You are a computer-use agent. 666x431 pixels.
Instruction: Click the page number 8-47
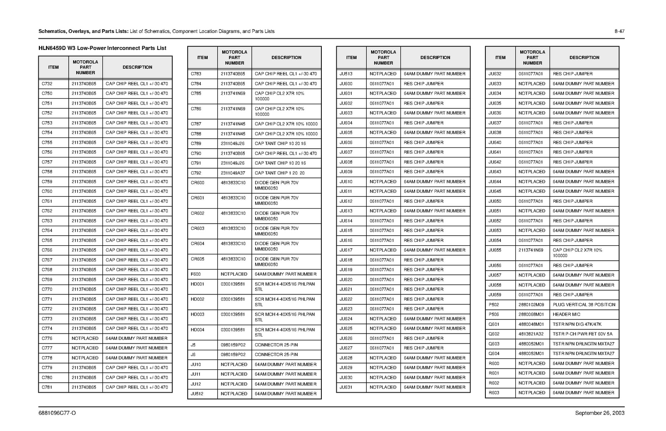(x=619, y=31)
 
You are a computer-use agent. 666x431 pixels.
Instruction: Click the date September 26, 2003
(x=599, y=413)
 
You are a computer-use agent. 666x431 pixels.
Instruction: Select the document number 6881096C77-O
(x=57, y=413)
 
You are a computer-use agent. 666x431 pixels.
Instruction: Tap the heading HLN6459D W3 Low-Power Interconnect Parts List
(x=102, y=48)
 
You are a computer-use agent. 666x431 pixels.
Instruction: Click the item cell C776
(x=47, y=339)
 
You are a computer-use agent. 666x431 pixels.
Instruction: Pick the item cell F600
(x=196, y=274)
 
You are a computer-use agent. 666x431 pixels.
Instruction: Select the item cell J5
(x=193, y=345)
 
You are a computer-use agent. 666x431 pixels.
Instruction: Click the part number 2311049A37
(x=233, y=173)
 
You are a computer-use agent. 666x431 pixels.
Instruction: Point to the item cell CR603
(x=197, y=229)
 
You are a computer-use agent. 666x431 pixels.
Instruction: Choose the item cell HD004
(x=197, y=330)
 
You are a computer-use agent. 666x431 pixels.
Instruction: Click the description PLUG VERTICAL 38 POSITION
(x=584, y=305)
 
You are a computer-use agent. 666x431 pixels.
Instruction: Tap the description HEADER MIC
(x=566, y=314)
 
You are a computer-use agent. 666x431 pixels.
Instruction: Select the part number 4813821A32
(x=531, y=334)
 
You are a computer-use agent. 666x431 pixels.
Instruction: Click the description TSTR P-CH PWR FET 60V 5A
(x=582, y=334)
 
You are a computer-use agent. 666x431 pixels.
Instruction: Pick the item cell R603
(x=494, y=393)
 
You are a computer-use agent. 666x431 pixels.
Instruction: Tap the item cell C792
(x=196, y=173)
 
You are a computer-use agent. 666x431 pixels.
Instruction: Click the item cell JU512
(x=197, y=394)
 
